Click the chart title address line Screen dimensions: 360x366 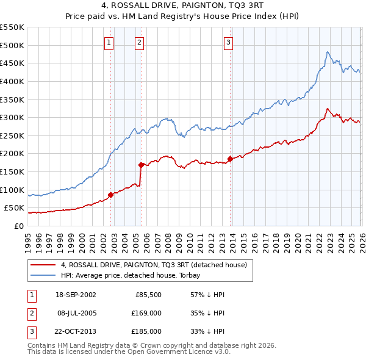click(x=182, y=7)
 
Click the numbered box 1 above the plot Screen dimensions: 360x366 click(x=109, y=42)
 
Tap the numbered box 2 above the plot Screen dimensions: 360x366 click(x=140, y=42)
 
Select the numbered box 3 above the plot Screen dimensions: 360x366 click(x=228, y=42)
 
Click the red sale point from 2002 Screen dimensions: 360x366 click(x=111, y=195)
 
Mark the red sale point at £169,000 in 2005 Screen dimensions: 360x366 click(x=141, y=165)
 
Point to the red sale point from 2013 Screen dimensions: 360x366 click(x=230, y=159)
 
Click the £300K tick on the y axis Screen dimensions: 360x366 click(x=12, y=117)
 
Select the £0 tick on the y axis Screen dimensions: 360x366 click(x=18, y=226)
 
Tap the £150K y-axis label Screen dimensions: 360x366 click(x=12, y=171)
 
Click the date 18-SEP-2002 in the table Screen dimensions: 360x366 click(x=76, y=295)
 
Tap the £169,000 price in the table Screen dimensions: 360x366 click(x=147, y=313)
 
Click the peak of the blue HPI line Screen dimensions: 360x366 click(x=328, y=52)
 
